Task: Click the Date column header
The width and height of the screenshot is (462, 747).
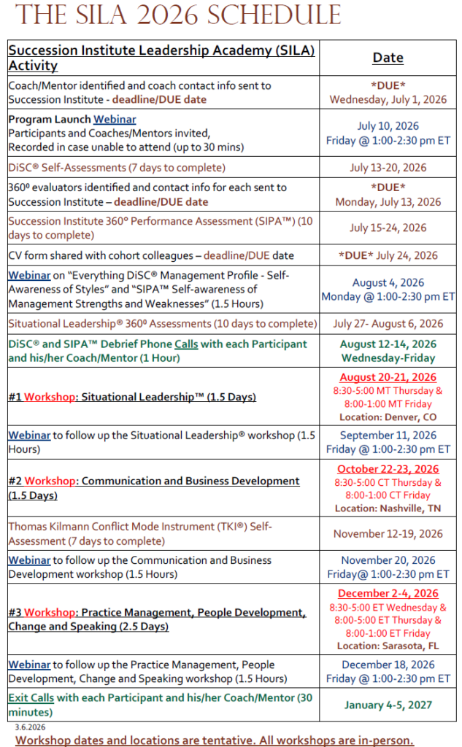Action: [x=388, y=58]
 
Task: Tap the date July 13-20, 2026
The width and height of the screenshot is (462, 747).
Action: [x=388, y=167]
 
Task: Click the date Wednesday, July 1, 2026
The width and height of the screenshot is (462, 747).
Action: [x=388, y=99]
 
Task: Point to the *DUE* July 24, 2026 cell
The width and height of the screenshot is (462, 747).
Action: [x=388, y=255]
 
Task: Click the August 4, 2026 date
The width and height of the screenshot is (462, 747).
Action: [x=388, y=282]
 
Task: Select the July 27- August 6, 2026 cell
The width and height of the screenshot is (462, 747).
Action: [x=388, y=323]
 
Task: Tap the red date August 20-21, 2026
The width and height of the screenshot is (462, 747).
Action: [x=388, y=377]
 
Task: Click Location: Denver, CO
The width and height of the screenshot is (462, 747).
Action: [x=388, y=417]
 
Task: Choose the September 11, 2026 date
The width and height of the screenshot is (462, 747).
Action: [x=388, y=435]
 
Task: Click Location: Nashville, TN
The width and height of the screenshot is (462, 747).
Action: [x=388, y=508]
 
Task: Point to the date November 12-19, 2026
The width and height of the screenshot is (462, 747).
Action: [x=388, y=533]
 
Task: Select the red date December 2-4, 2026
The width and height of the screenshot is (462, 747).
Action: [x=388, y=593]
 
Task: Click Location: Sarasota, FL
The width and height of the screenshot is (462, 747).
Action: [x=388, y=646]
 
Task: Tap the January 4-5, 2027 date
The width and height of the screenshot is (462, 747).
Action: [x=388, y=705]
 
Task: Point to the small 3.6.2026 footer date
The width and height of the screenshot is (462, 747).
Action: [x=30, y=727]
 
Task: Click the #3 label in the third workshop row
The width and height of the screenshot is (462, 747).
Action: [x=15, y=613]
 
